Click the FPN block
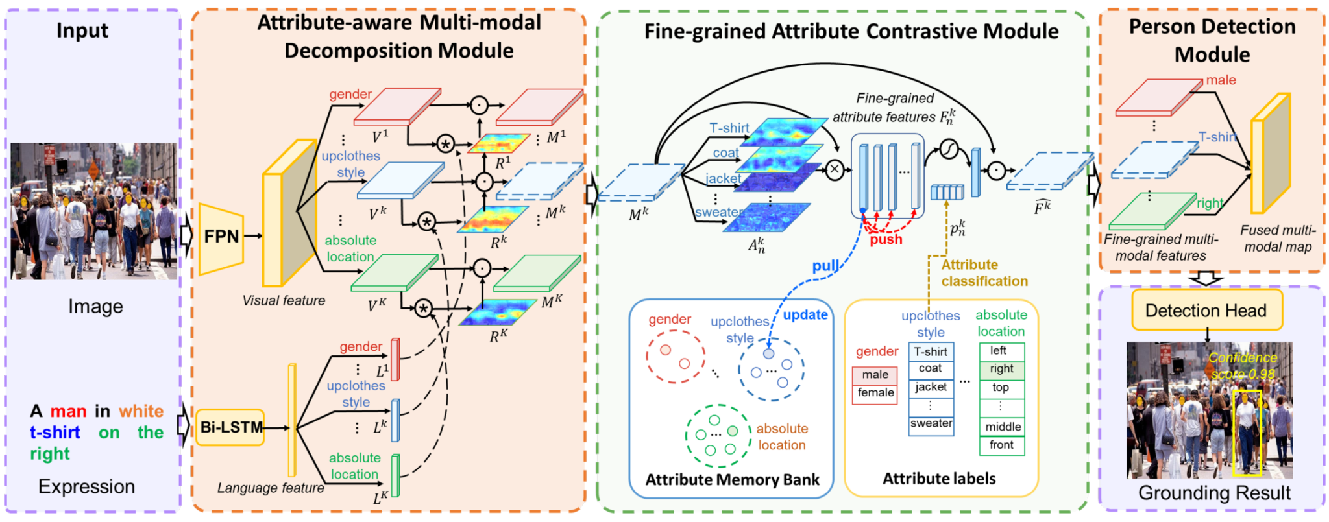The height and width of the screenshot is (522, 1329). click(x=221, y=237)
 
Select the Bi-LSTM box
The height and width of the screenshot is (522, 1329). click(x=230, y=427)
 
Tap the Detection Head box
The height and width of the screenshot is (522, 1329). click(x=1206, y=311)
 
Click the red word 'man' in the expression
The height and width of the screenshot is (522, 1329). click(x=69, y=411)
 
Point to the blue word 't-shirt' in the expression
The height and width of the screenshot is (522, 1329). click(x=55, y=433)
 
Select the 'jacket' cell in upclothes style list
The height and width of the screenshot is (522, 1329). click(x=931, y=388)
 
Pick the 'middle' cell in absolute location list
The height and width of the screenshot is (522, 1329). click(x=1003, y=427)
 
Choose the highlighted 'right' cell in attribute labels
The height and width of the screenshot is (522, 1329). click(x=1002, y=370)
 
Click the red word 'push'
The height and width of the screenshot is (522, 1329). click(x=886, y=239)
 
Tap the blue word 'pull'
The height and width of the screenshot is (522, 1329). click(x=825, y=267)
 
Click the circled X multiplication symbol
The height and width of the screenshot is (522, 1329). click(x=835, y=170)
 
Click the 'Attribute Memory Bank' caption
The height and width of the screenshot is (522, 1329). click(x=733, y=480)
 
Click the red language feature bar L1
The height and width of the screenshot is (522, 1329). click(x=395, y=359)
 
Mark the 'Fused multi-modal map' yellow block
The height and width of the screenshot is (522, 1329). click(x=1270, y=154)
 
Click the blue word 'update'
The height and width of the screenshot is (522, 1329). click(x=805, y=315)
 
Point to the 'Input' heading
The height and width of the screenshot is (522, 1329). click(x=82, y=30)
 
